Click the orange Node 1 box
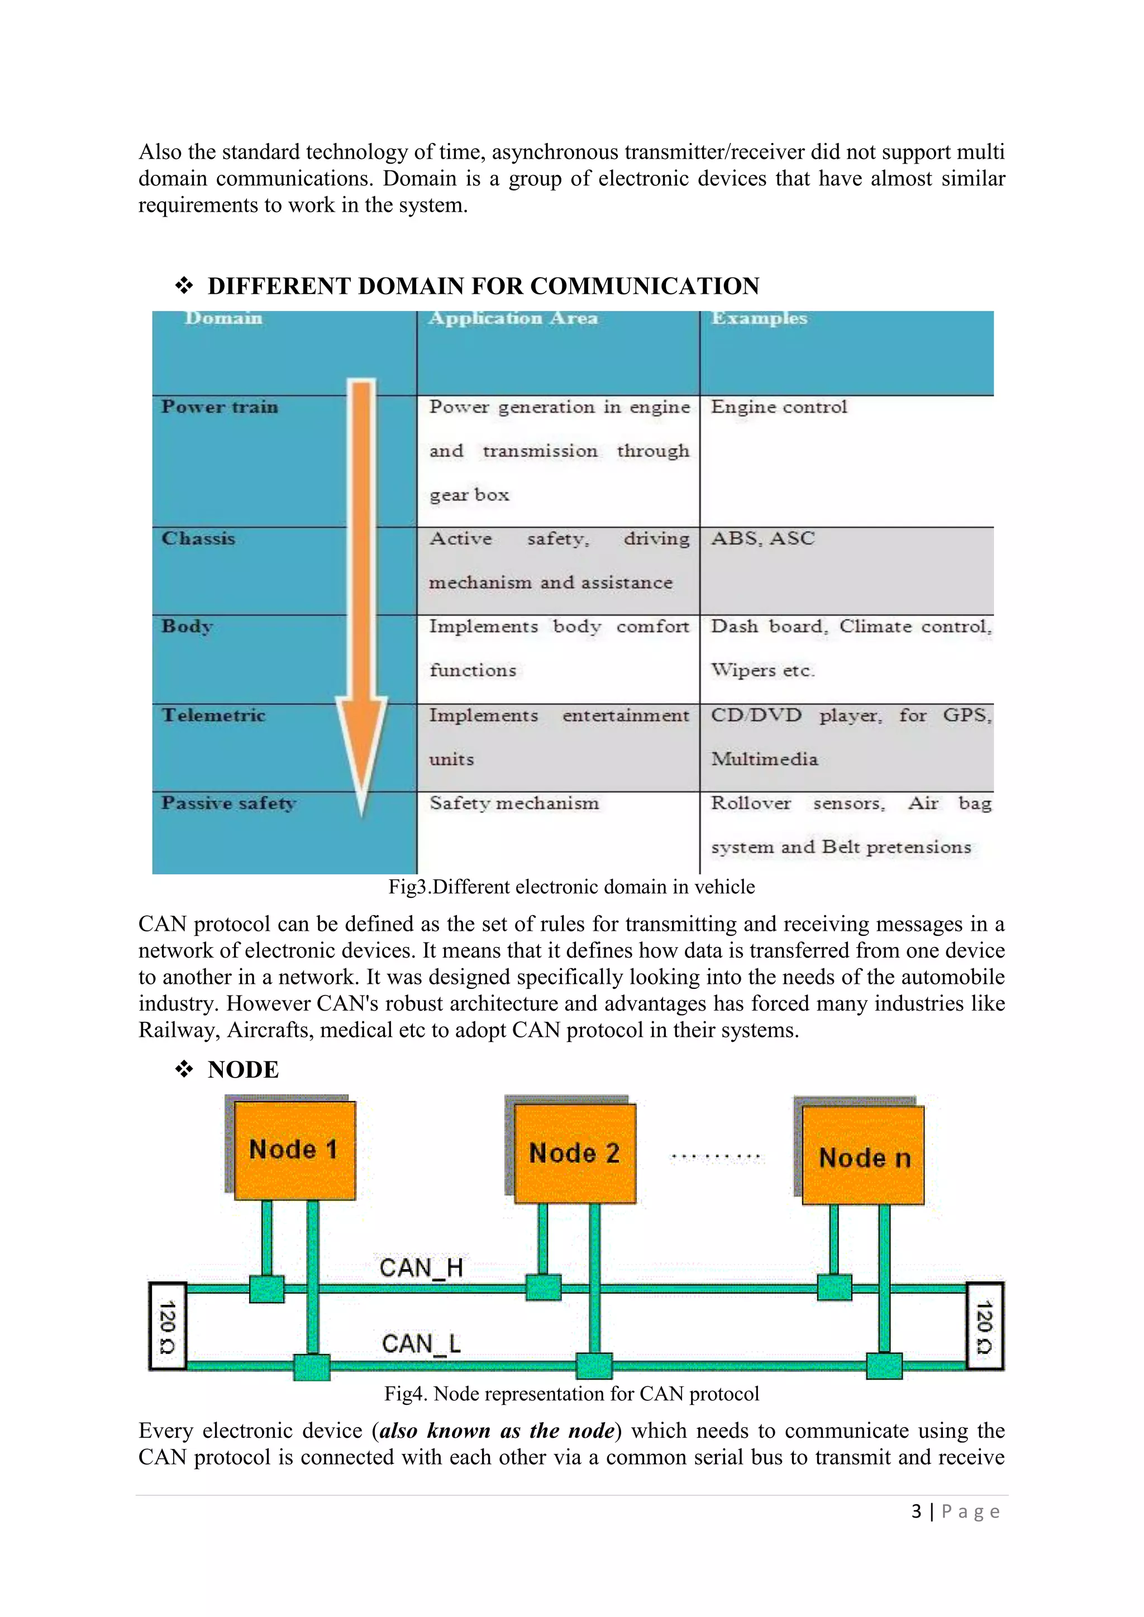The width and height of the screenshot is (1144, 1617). click(x=294, y=1150)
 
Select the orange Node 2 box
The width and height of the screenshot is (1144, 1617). click(x=575, y=1154)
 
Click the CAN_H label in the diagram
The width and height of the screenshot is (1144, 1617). click(x=421, y=1267)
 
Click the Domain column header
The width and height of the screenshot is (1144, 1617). click(x=223, y=318)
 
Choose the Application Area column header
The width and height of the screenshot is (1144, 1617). click(x=513, y=318)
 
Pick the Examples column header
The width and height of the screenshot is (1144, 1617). click(x=759, y=318)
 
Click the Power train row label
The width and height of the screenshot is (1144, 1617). click(x=220, y=407)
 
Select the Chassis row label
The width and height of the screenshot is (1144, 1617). click(x=198, y=539)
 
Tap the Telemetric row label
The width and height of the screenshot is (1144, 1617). click(x=213, y=716)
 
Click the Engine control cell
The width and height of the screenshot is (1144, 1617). click(x=778, y=407)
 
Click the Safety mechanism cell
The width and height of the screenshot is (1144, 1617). click(x=514, y=803)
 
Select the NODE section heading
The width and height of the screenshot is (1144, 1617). click(x=243, y=1070)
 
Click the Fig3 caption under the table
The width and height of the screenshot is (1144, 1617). click(x=571, y=887)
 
